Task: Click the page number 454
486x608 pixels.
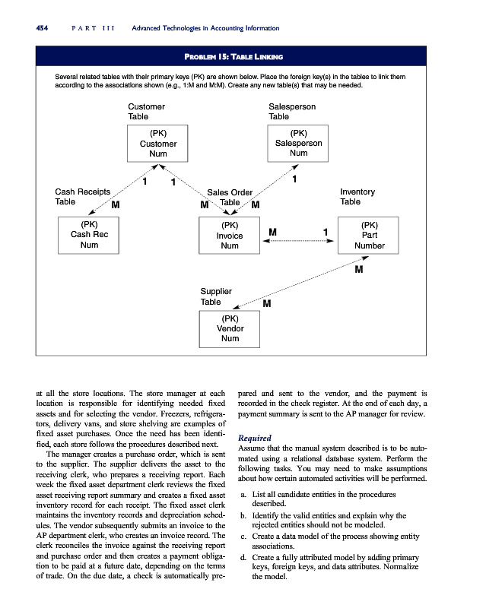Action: pyautogui.click(x=34, y=28)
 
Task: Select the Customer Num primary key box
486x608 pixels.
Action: pyautogui.click(x=158, y=144)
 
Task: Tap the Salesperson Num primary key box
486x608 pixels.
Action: pyautogui.click(x=299, y=144)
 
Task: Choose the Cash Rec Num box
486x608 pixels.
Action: pyautogui.click(x=89, y=235)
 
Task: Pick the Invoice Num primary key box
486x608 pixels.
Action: pyautogui.click(x=229, y=235)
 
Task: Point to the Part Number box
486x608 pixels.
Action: pyautogui.click(x=370, y=235)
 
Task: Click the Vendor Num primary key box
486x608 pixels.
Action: pyautogui.click(x=229, y=328)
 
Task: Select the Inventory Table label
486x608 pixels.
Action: pyautogui.click(x=357, y=196)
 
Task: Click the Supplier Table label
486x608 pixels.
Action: pyautogui.click(x=215, y=296)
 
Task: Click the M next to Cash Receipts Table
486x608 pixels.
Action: pyautogui.click(x=115, y=204)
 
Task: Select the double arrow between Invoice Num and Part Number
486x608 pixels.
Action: pyautogui.click(x=297, y=240)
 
